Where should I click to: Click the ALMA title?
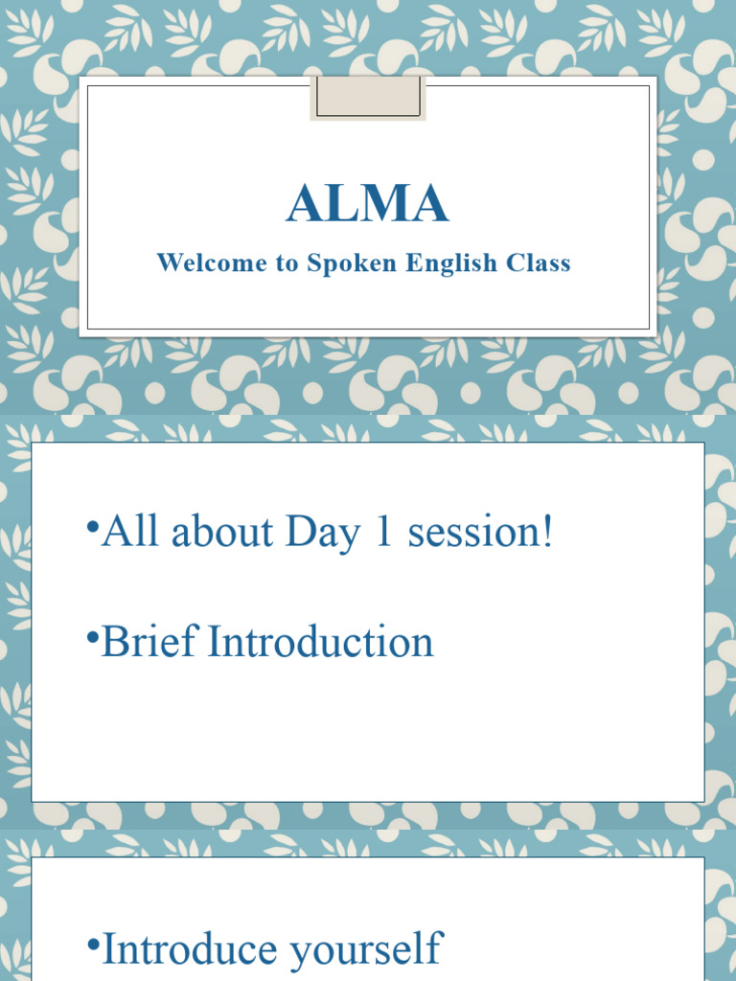coord(367,204)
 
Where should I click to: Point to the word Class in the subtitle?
coord(541,262)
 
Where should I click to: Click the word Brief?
coord(149,641)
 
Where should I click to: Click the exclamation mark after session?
coord(547,532)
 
